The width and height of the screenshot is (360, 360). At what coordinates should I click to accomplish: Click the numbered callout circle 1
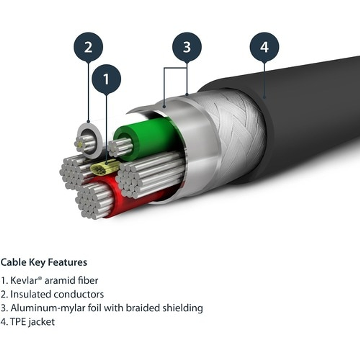[106, 79]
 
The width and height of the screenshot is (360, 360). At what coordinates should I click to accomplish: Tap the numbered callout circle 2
[88, 47]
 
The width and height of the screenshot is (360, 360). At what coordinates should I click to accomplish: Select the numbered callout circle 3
[187, 47]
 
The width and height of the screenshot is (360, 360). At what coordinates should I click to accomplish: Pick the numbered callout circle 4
[264, 47]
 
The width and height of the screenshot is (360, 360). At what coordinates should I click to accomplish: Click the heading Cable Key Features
[44, 262]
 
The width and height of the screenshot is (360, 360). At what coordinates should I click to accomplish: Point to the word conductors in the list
[79, 294]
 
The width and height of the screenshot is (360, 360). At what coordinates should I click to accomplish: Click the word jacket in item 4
[42, 322]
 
